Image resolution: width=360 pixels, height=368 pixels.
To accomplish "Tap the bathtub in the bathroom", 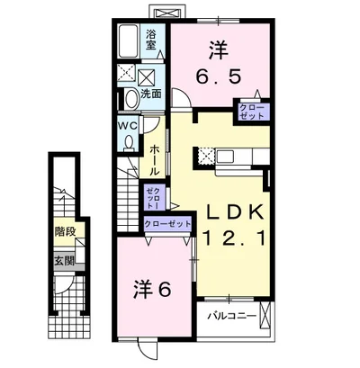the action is point(128,41).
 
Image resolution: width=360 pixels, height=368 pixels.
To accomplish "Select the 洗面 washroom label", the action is point(151,94).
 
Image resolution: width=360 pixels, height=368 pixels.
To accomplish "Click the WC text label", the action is point(128,126).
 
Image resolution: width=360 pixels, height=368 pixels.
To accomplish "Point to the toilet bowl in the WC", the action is point(130,142).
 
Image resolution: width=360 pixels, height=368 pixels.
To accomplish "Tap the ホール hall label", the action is point(154,160).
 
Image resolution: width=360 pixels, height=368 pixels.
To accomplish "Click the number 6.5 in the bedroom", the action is point(219,77).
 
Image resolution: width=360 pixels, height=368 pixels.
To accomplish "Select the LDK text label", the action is point(234,212).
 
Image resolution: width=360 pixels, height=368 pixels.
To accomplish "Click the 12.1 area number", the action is point(235,238).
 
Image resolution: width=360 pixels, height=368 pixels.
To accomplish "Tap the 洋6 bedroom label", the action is point(152,290).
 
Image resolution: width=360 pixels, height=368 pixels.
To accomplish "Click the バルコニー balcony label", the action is point(232,316).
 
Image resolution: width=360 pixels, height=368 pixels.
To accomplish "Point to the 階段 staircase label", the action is point(65,231).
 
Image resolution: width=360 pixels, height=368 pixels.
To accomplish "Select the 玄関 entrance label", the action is point(64,261).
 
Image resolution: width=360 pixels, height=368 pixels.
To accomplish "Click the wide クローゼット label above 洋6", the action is point(167,224).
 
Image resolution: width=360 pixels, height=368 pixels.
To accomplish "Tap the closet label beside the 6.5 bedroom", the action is point(252,112).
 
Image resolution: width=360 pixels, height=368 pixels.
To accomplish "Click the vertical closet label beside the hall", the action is point(153,198).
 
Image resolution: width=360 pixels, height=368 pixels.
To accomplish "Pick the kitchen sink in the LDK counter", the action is point(225,157).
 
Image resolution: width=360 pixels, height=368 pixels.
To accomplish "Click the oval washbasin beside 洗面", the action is point(131,100).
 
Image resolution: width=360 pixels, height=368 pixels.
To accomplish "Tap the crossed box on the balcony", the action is point(265,315).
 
